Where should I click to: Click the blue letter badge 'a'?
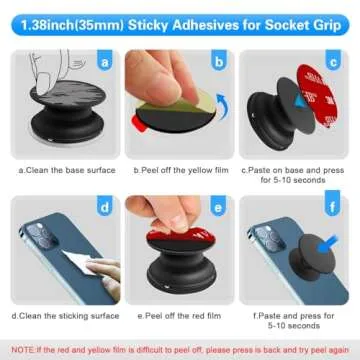103,62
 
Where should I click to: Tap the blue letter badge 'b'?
221,62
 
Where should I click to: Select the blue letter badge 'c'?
339,62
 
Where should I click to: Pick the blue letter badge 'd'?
103,208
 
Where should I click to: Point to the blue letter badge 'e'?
221,208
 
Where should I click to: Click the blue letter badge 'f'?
339,208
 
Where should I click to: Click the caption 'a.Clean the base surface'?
62,171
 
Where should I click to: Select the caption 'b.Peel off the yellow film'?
179,171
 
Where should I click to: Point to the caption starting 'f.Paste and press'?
297,321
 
